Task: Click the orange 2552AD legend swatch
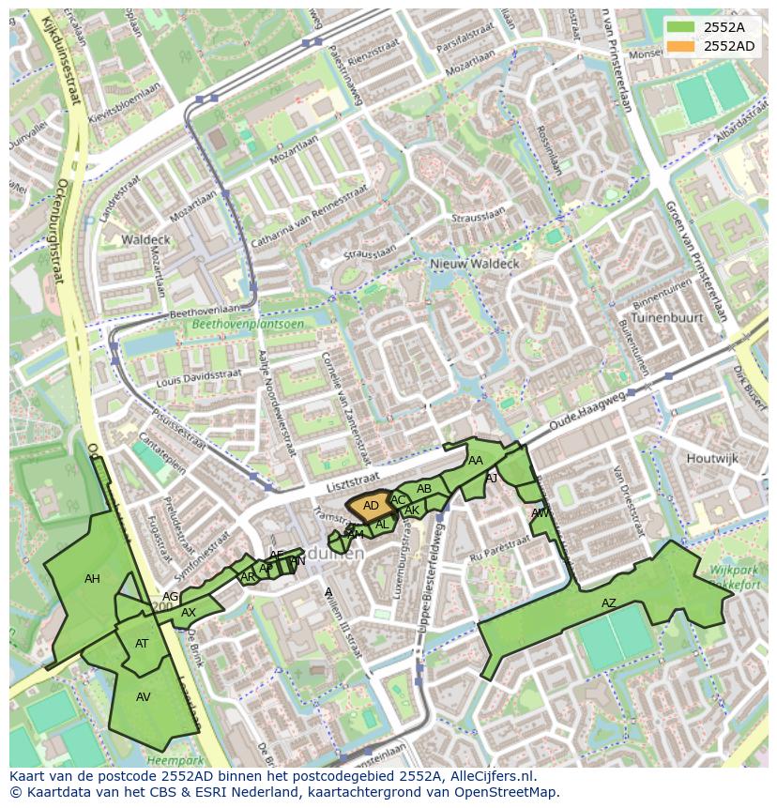point(682,46)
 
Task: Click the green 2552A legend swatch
point(682,27)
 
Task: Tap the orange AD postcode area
point(370,506)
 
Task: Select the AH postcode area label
point(92,579)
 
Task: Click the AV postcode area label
point(144,697)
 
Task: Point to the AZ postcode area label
point(609,603)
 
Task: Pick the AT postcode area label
point(142,644)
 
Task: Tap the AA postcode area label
point(476,461)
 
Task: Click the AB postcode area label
point(424,489)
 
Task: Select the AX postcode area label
point(189,613)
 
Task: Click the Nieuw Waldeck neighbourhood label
point(474,265)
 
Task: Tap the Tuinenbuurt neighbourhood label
point(666,318)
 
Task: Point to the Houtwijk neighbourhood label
point(712,459)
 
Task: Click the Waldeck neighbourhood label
point(145,240)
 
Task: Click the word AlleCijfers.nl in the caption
point(488,776)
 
